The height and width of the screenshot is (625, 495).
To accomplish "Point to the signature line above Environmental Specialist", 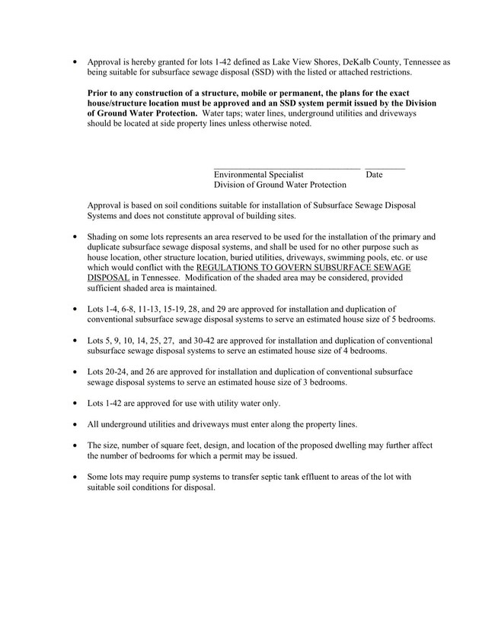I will point(286,166).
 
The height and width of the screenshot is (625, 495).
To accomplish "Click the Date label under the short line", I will point(374,175).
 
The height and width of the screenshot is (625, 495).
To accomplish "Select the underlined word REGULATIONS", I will point(229,268).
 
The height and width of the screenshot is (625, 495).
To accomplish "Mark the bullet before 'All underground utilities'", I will point(75,424).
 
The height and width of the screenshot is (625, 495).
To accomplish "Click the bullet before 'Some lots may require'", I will point(75,476).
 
